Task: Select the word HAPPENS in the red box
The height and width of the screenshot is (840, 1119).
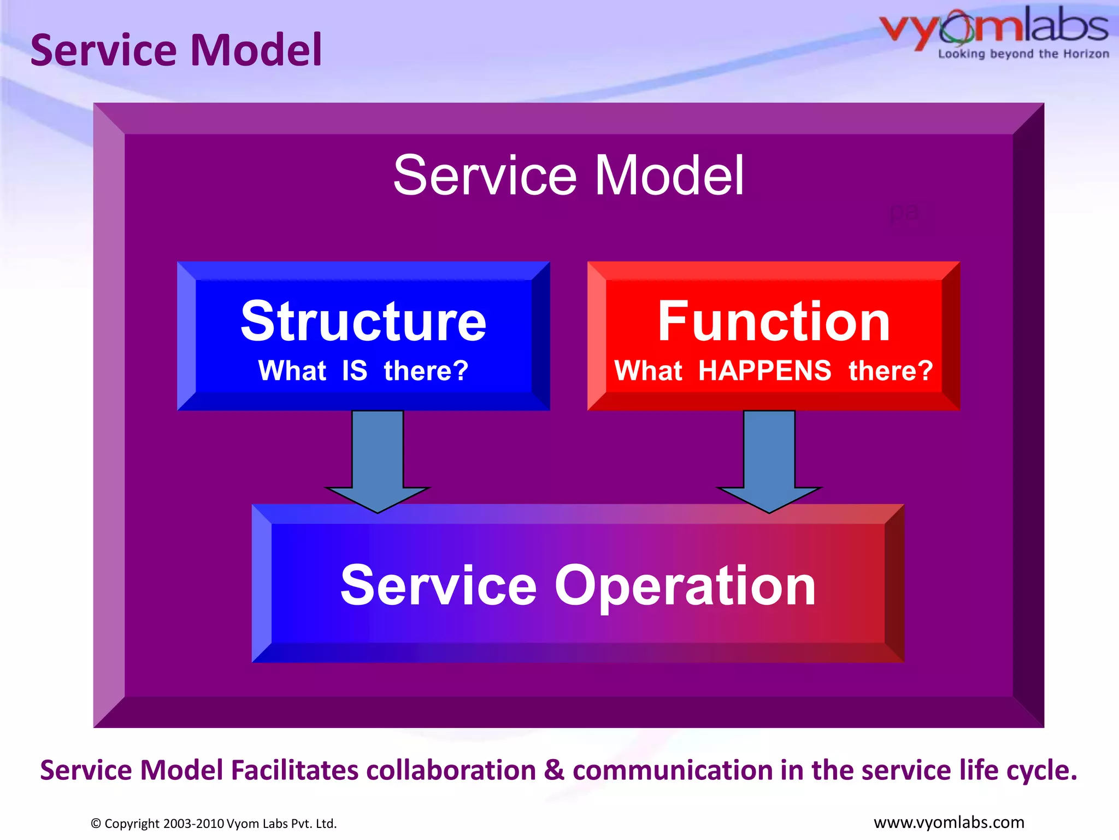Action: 765,371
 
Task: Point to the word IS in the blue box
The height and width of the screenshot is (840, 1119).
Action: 355,371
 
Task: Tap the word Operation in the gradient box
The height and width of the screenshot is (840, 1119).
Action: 685,586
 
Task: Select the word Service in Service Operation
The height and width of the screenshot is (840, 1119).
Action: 438,586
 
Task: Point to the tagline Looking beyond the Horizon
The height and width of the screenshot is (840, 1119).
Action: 1023,54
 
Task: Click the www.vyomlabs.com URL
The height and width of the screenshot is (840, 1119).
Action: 949,822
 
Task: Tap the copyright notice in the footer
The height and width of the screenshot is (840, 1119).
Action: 214,824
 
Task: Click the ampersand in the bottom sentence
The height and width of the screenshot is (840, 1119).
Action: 553,769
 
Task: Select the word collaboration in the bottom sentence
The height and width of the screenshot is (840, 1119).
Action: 451,770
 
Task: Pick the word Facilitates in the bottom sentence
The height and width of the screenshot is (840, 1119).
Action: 295,770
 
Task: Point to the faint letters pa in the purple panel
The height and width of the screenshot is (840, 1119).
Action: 904,212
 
